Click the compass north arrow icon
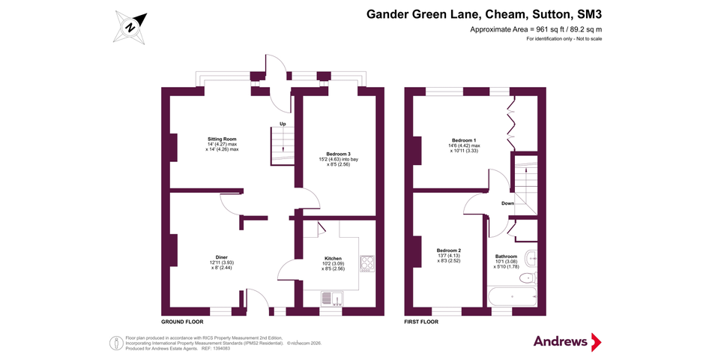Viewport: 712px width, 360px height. coord(130,27)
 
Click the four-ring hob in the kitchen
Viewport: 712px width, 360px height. coord(367,264)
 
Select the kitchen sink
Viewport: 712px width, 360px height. coord(332,298)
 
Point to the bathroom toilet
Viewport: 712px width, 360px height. coord(529,277)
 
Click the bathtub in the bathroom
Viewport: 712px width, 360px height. coord(512,296)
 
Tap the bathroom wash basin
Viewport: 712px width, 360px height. coord(531,258)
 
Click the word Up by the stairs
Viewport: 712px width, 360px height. coord(283,124)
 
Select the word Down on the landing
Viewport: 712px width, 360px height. coord(507,203)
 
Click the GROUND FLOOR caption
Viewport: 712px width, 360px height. coord(183,322)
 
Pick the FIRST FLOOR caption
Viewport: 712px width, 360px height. coord(421,322)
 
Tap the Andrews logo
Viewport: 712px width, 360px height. coord(567,341)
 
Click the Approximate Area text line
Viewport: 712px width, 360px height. coord(536,29)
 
